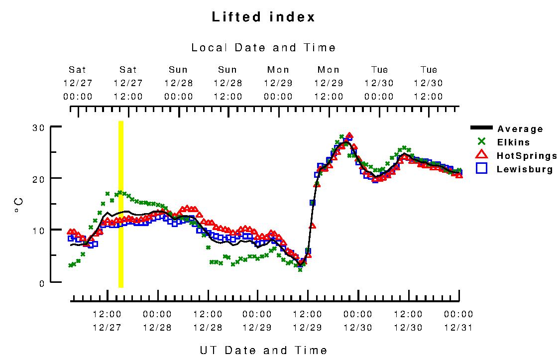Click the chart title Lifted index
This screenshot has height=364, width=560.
(x=263, y=17)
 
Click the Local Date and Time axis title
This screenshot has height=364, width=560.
(x=263, y=48)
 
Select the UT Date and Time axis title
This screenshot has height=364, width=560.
(x=263, y=350)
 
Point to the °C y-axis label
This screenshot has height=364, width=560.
(x=18, y=205)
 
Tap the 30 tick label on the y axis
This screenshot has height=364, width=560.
(x=39, y=127)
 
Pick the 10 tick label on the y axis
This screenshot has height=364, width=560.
(x=39, y=230)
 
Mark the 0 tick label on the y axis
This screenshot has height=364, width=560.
(x=42, y=282)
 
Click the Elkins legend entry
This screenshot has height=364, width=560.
(x=513, y=142)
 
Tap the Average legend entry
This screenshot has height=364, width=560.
(x=520, y=129)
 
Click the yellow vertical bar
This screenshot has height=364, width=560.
(x=120, y=204)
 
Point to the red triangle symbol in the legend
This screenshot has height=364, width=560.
(x=481, y=155)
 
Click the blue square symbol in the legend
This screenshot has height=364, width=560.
(x=481, y=168)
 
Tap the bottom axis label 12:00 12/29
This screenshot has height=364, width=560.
(x=308, y=321)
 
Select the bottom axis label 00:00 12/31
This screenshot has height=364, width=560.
(x=458, y=321)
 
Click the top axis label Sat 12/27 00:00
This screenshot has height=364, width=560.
(x=78, y=83)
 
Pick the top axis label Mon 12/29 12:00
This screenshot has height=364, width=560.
(x=329, y=83)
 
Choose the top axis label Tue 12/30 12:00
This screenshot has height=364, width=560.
(x=429, y=83)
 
